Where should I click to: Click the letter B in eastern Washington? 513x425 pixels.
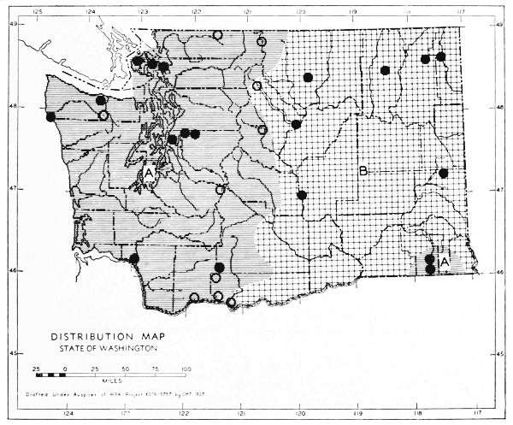click(x=363, y=172)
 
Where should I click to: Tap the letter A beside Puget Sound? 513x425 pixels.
click(x=149, y=173)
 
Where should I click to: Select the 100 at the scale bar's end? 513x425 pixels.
click(x=186, y=367)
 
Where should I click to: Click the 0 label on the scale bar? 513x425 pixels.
click(x=66, y=367)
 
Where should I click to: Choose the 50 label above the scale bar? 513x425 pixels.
click(x=126, y=367)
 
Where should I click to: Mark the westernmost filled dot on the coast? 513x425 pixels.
click(x=51, y=116)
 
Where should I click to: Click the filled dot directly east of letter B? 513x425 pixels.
click(x=444, y=173)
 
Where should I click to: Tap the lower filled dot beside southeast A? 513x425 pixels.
click(x=430, y=269)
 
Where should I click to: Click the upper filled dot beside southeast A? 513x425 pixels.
click(x=430, y=258)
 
